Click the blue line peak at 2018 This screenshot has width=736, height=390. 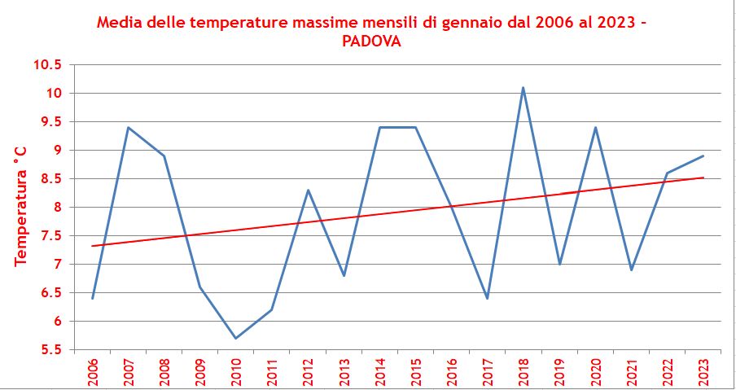point(523,88)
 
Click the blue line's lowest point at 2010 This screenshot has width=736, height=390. point(235,338)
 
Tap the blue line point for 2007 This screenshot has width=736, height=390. point(128,127)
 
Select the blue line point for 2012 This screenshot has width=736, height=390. point(308,190)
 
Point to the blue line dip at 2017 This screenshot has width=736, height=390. point(487,298)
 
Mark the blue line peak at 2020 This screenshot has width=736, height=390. point(595,127)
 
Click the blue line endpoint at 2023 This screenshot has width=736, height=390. point(703,156)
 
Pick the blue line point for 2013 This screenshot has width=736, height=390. point(344,275)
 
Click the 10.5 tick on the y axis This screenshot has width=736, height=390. point(47,65)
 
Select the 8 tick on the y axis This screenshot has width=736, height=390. point(58,208)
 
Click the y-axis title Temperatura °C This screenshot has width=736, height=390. point(21,206)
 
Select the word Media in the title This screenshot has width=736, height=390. point(119,23)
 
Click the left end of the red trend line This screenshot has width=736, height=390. point(93,246)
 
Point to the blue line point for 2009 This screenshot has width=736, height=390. point(199,287)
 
